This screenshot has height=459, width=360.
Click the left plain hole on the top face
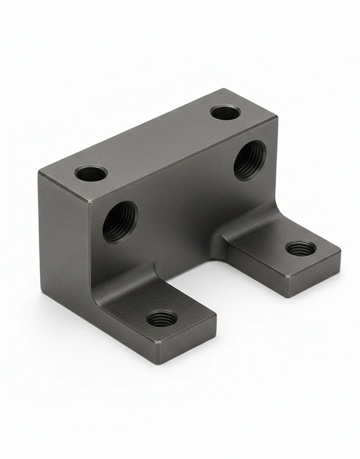(x=91, y=173)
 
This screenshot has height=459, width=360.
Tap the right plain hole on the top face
(x=225, y=112)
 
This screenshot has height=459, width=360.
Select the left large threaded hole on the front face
(x=119, y=222)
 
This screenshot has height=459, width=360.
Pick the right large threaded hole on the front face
(x=249, y=160)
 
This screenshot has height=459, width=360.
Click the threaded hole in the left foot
(x=162, y=318)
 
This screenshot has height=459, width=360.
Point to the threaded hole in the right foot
(x=301, y=248)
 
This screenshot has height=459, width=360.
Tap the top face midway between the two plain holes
(x=158, y=142)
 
